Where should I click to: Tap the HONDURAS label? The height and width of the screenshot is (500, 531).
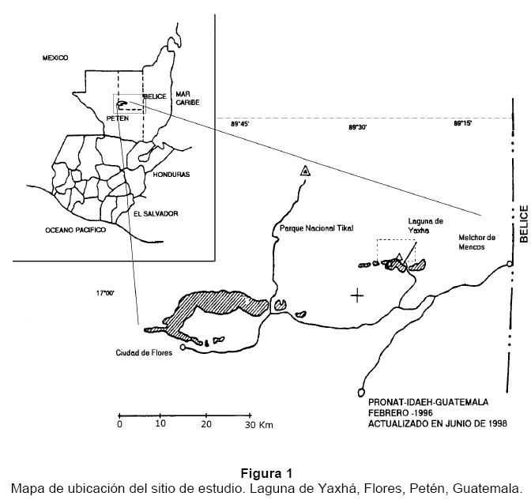[x=172, y=175]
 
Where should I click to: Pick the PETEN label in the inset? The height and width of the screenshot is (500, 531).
[x=117, y=118]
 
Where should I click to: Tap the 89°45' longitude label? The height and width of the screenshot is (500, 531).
[x=240, y=124]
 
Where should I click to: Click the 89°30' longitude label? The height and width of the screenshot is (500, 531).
[x=358, y=127]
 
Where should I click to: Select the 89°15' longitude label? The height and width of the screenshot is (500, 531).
[x=462, y=124]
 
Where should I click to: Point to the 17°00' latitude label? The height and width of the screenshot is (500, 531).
[x=106, y=293]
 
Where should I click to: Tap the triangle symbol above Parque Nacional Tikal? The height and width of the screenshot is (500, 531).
[x=305, y=171]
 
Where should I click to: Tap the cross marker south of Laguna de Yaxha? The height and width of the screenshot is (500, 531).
[x=358, y=296]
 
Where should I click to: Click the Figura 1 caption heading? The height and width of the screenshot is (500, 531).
[x=265, y=474]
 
